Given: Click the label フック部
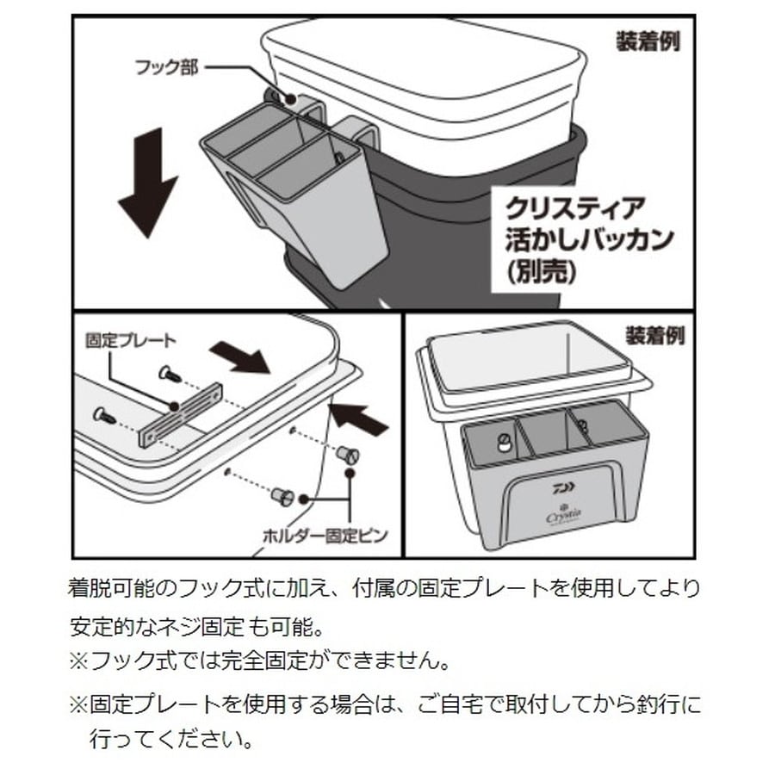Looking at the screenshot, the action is point(166,68).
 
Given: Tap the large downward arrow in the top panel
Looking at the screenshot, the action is point(148,183).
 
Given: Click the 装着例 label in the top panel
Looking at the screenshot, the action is point(648,41).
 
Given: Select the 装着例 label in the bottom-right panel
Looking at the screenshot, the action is point(655,336).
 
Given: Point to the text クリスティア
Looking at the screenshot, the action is point(576,208).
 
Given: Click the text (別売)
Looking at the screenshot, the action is point(542,271).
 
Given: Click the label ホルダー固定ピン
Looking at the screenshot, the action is point(325,536).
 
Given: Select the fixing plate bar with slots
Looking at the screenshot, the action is point(181,415).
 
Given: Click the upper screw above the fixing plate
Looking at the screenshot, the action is point(169,373).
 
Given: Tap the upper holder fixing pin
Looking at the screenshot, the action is point(348,454).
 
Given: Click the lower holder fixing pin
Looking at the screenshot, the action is point(283,496).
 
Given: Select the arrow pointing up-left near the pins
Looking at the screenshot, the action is point(358,418).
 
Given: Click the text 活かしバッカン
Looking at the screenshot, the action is point(590,239).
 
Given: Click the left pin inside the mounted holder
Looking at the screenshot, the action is point(502,442).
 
